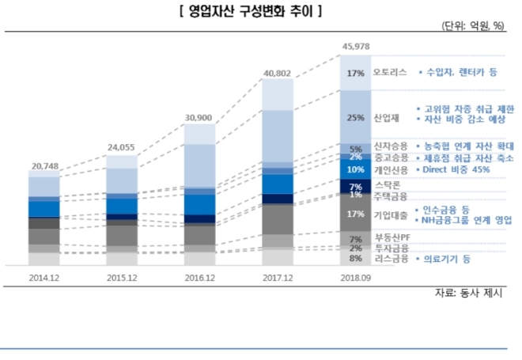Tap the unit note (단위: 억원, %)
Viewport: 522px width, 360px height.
point(472,26)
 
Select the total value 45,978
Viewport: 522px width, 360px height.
point(355,47)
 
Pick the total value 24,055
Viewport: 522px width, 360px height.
point(122,147)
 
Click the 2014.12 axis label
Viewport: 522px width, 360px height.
point(44,277)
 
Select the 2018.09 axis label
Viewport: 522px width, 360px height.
point(355,277)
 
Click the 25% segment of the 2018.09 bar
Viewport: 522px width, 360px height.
point(355,118)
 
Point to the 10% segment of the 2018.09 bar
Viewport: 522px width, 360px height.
point(355,169)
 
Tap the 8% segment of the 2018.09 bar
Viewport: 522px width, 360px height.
point(355,258)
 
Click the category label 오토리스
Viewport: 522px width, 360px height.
point(390,72)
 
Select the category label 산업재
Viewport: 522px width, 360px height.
point(385,118)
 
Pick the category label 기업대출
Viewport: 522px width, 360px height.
point(390,215)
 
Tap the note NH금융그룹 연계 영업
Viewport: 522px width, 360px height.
point(467,222)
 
